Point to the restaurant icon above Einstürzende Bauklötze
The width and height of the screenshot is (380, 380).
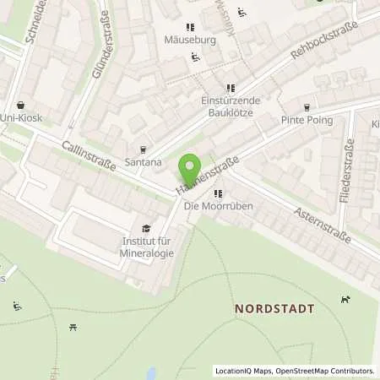coord(230,88)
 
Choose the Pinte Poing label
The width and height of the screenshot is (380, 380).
coord(306,120)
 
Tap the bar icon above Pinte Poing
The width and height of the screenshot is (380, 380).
coord(306,106)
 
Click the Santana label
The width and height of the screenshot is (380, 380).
coord(142,161)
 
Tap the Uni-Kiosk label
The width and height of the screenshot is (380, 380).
coord(20,118)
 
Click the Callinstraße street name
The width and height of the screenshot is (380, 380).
coord(89,157)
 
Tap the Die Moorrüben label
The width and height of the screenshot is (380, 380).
coord(207,206)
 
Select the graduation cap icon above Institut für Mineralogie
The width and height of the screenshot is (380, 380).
coord(146,228)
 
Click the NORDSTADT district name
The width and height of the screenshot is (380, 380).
coord(274,309)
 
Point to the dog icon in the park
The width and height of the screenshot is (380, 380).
coord(345,298)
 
